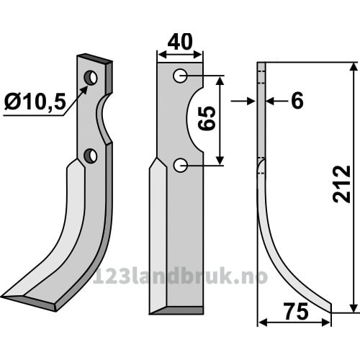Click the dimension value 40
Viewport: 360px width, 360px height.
180,42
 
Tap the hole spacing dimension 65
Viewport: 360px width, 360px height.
207,118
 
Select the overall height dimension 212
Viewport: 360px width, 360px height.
341,184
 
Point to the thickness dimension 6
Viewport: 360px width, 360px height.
297,101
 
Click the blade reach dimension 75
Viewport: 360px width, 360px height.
296,312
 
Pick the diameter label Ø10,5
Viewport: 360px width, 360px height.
35,102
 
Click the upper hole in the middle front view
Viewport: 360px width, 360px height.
180,76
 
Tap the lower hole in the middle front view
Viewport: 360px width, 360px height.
180,165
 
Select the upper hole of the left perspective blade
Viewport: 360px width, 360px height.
90,78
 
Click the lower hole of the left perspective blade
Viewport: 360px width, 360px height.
90,156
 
